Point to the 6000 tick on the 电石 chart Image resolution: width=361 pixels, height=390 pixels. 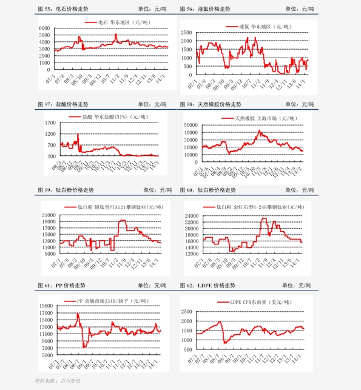tap(44, 29)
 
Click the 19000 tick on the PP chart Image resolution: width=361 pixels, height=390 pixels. tap(47, 306)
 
